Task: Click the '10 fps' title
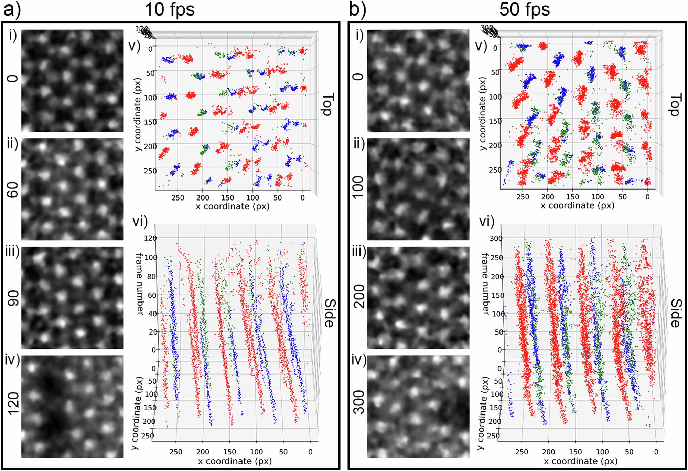170,9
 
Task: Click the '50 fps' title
524,9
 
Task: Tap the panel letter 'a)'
12,9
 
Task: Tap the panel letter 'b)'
358,9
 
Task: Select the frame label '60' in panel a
13,190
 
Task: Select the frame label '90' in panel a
13,299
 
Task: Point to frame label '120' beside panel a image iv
13,403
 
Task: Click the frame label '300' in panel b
358,402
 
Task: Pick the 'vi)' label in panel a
140,222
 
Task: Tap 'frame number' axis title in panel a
140,283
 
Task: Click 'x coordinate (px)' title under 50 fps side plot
580,461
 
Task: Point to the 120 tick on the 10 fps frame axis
150,238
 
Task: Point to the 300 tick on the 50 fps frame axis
496,238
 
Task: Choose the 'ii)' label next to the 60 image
13,144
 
